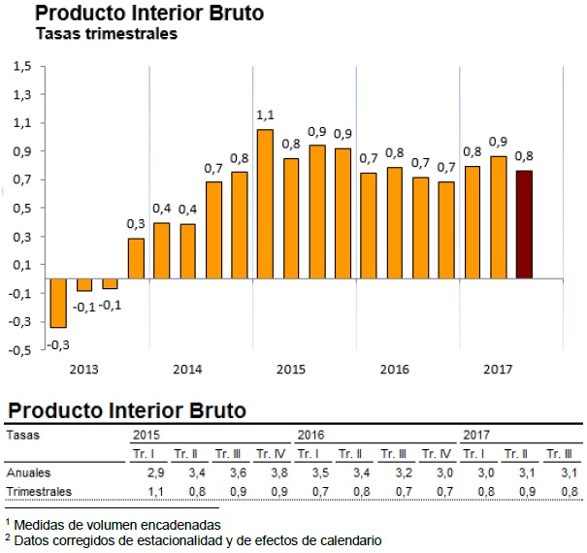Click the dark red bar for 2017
pyautogui.click(x=524, y=224)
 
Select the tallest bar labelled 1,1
pyautogui.click(x=264, y=204)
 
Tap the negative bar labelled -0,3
pyautogui.click(x=58, y=303)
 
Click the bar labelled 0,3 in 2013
pyautogui.click(x=136, y=258)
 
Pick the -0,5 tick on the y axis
pyautogui.click(x=21, y=350)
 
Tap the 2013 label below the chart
pyautogui.click(x=84, y=370)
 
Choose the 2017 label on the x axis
pyautogui.click(x=498, y=370)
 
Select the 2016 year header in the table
pyautogui.click(x=310, y=435)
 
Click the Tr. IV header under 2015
pyautogui.click(x=270, y=454)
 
